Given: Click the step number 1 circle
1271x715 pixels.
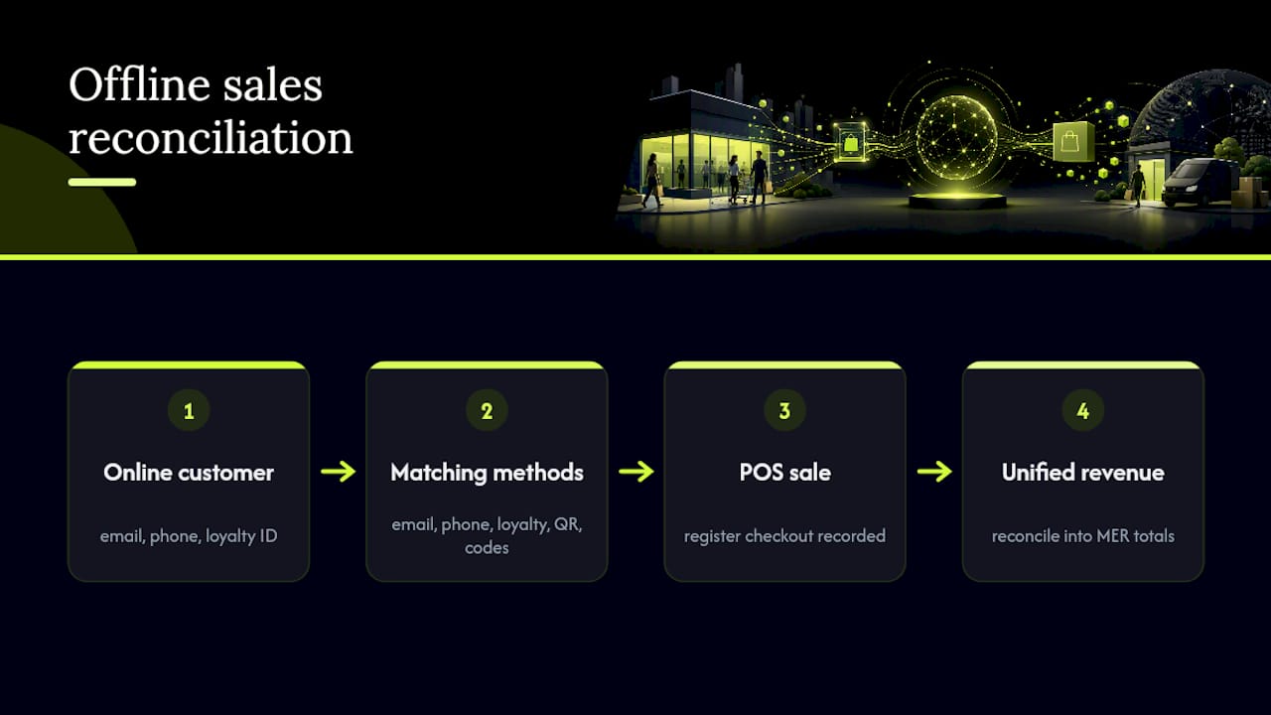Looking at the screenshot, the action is coord(189,410).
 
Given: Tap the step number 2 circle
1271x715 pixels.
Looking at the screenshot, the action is coord(487,410).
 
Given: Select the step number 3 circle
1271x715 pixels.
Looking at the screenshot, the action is coord(784,410).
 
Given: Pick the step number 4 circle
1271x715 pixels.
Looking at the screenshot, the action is coord(1083,410).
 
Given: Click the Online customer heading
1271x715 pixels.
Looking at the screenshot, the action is coord(189,472).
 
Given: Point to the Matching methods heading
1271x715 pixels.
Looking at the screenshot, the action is coord(487,473).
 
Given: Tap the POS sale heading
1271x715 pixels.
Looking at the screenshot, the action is coord(784,472).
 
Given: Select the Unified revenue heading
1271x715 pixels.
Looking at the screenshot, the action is coord(1083,472).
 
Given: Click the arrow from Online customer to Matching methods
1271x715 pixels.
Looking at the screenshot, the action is coord(339,472).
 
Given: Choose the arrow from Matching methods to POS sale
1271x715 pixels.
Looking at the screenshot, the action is coord(636,472).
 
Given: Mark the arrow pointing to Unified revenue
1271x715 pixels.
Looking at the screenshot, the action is coord(934,472).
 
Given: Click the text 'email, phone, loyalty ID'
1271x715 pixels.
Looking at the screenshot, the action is coord(189,536).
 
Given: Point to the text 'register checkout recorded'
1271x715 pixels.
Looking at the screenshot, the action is coord(784,536).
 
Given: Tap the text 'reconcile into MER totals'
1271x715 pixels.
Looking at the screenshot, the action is coord(1083,536).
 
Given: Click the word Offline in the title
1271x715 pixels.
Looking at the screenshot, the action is coord(140,84).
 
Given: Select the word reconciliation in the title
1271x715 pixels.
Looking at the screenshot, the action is coord(211,138).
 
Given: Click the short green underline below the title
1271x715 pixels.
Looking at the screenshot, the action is coord(102,182).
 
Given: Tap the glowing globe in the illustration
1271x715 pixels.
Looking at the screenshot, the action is coord(956,136).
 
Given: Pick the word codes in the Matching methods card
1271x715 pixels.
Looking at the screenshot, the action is coord(487,548).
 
